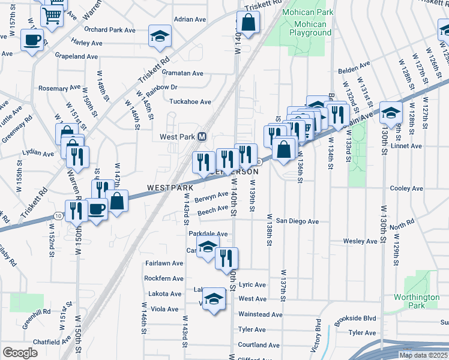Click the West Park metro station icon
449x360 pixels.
pyautogui.click(x=202, y=137)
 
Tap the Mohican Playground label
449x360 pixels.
pyautogui.click(x=310, y=29)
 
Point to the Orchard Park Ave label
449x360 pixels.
pyautogui.click(x=109, y=29)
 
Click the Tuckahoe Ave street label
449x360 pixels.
pyautogui.click(x=190, y=102)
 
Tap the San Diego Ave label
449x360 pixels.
pyautogui.click(x=297, y=221)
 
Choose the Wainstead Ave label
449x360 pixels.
pyautogui.click(x=260, y=314)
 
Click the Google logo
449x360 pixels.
pyautogui.click(x=20, y=353)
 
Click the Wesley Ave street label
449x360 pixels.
pyautogui.click(x=360, y=241)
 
